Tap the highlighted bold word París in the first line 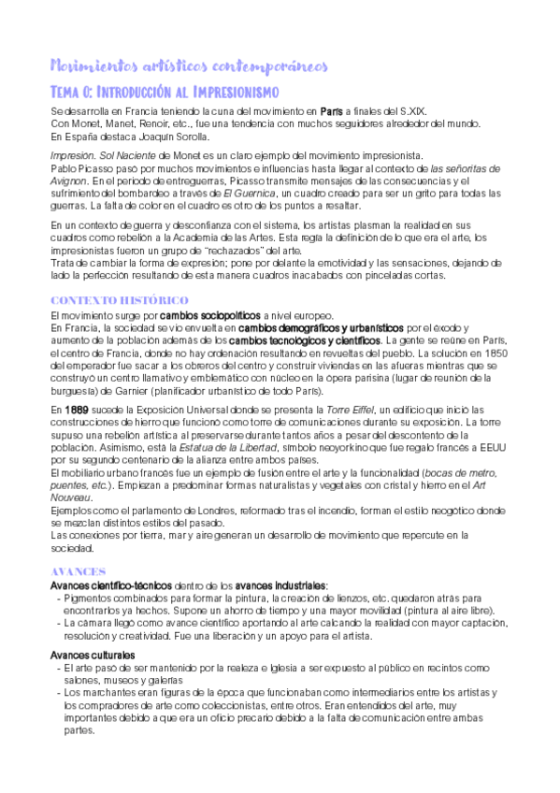click(331, 112)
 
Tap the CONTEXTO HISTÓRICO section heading click(119, 300)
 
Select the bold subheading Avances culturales click(92, 656)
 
